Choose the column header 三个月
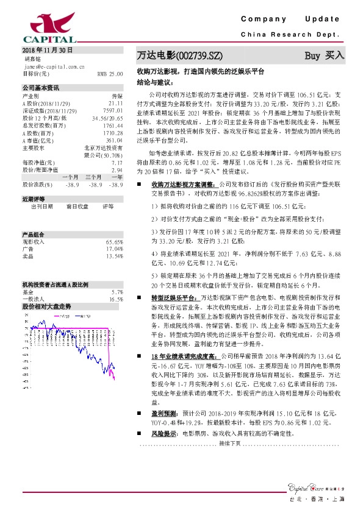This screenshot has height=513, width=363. pyautogui.click(x=94, y=177)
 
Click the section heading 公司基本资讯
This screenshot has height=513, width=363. pyautogui.click(x=40, y=88)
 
